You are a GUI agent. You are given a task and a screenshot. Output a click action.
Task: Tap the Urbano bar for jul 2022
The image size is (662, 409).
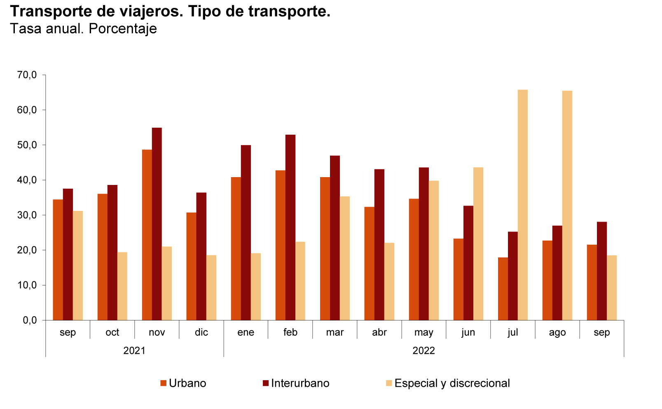(x=503, y=289)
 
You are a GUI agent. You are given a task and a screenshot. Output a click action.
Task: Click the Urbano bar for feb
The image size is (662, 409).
(x=281, y=245)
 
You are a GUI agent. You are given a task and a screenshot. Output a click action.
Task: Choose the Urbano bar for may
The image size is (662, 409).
(x=414, y=259)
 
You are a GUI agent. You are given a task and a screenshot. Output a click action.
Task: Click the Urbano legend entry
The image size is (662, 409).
(x=183, y=383)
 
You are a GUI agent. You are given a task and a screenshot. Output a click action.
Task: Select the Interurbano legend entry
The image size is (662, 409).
(x=296, y=383)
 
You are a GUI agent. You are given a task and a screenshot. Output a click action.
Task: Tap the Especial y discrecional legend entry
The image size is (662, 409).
(x=447, y=383)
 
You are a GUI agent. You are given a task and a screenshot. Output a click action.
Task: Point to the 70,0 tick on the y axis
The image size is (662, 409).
(x=27, y=75)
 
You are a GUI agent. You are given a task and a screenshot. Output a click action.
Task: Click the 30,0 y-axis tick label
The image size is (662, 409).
(x=27, y=215)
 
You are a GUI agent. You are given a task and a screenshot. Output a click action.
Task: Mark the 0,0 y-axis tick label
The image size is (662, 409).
(x=29, y=320)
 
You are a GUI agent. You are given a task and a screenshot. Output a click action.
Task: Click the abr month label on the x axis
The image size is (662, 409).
(x=379, y=332)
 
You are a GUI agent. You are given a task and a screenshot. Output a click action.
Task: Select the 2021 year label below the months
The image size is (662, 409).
(x=134, y=351)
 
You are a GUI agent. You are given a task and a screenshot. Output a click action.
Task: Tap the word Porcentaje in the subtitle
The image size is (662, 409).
(x=122, y=29)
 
